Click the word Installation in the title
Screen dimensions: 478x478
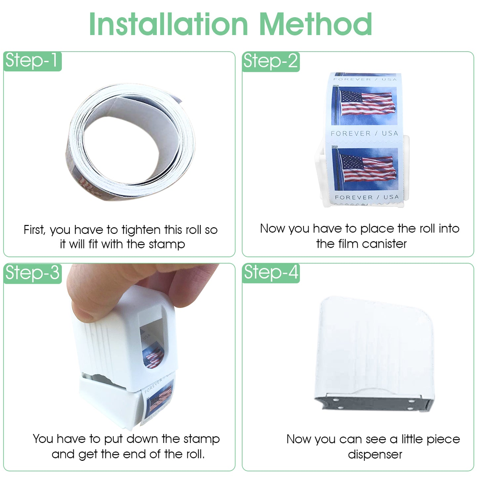point(168,24)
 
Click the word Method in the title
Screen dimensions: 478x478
point(316,24)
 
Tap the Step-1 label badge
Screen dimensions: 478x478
point(32,61)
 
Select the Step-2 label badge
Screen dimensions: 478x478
point(271,62)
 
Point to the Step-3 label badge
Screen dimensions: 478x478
point(32,273)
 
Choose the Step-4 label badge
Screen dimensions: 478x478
point(271,273)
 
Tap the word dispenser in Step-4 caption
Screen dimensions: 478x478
point(375,455)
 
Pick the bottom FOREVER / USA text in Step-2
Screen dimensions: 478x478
point(367,197)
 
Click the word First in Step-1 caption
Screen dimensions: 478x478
point(34,230)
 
